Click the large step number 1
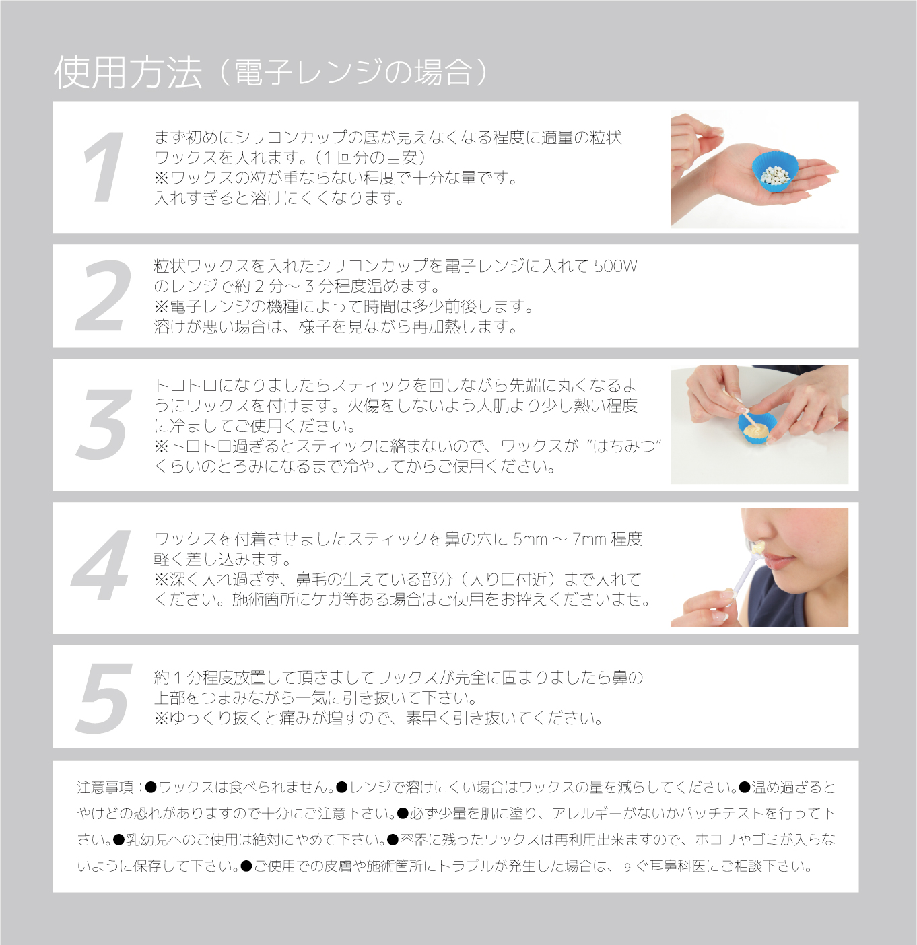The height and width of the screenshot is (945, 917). click(103, 168)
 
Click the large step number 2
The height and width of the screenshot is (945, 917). click(103, 296)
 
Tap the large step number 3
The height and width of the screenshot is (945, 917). click(104, 425)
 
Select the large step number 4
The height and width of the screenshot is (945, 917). click(101, 566)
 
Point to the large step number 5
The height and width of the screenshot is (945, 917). click(104, 698)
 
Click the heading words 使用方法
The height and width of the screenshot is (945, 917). click(128, 73)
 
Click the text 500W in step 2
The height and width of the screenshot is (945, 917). click(615, 267)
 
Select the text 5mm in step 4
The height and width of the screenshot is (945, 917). click(530, 539)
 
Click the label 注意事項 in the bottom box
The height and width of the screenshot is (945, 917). click(106, 788)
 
